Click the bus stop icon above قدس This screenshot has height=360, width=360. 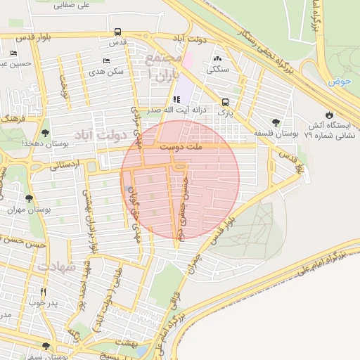coord(117,32)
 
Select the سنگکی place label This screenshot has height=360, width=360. coord(216,70)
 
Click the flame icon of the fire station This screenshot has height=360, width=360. coord(328,115)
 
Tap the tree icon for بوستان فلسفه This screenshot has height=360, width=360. coord(274,122)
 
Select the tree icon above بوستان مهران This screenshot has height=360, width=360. coord(29,198)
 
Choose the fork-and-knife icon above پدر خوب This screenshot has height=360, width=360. coord(43,292)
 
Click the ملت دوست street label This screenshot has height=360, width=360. coord(180,147)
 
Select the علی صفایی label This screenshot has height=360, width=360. coord(75,6)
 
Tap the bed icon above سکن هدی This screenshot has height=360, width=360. coord(106,60)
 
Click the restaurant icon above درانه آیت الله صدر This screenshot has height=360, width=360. coord(175,99)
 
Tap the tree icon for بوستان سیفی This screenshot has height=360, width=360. coord(46,346)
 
